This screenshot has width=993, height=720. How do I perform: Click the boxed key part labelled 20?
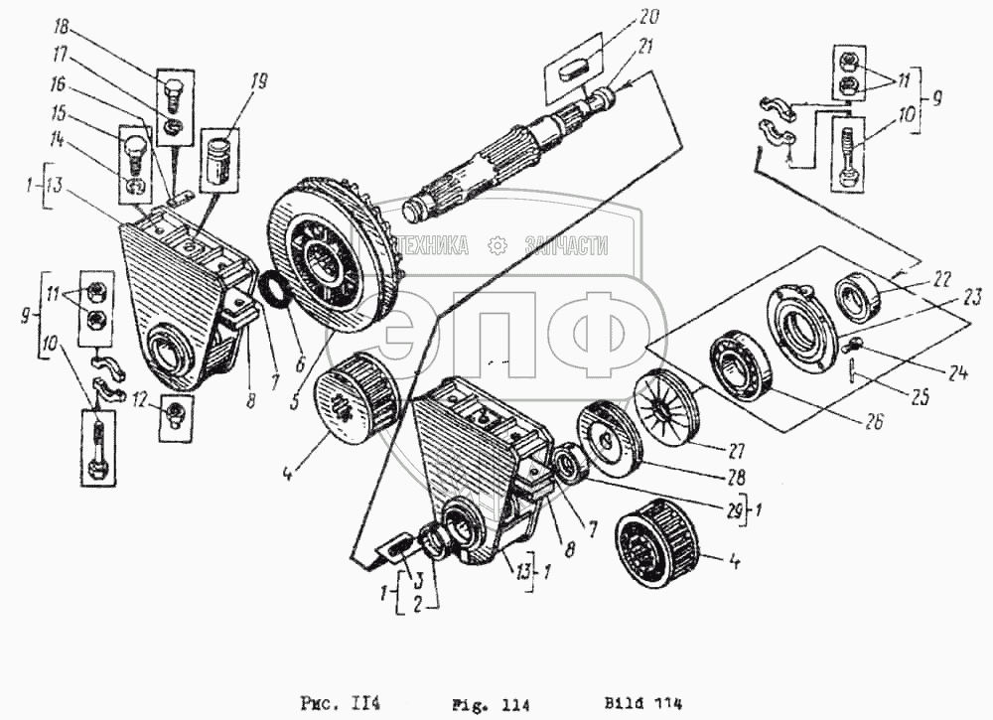573,72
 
